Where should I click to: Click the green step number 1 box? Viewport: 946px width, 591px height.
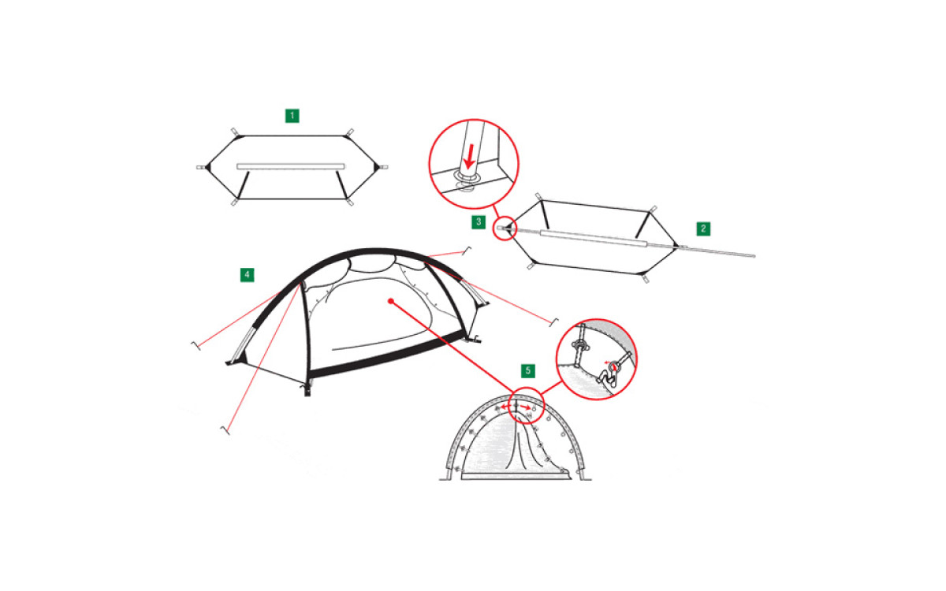coord(292,116)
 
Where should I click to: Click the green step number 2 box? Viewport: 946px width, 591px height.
coord(703,229)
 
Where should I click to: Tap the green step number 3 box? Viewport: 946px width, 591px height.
coord(479,222)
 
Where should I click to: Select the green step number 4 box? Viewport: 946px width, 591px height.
coord(247,275)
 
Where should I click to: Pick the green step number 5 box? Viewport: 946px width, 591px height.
coord(528,371)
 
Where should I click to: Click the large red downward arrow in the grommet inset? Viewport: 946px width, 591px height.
coord(470,156)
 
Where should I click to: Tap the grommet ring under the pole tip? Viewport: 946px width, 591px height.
coord(467,178)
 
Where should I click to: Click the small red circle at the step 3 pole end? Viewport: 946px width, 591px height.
coord(505,229)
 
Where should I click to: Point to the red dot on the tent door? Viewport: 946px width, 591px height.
coord(391,301)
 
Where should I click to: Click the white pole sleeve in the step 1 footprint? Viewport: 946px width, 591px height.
coord(291,166)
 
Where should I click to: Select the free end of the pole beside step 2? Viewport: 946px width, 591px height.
coord(754,255)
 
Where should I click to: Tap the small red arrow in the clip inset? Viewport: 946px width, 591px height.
coord(607,362)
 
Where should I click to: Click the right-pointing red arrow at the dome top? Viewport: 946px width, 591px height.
coord(525,407)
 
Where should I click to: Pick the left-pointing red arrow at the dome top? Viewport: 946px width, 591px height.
coord(505,407)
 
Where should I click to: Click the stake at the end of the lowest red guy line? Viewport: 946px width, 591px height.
coord(225,430)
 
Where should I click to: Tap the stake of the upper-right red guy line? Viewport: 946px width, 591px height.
coord(466,251)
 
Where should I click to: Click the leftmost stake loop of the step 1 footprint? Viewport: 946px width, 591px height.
coord(200,167)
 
